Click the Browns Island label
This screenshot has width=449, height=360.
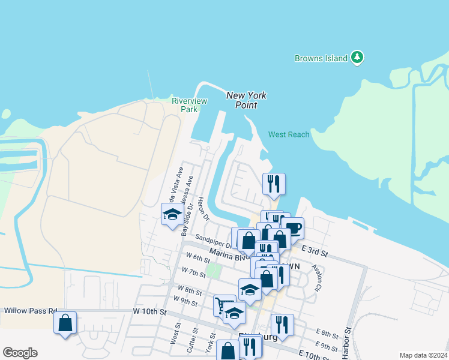321,58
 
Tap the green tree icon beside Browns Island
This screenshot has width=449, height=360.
358,58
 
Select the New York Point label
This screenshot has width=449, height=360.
246,100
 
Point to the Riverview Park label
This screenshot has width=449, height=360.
189,105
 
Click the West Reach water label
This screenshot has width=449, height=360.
289,134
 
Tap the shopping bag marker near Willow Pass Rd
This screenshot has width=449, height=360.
65,323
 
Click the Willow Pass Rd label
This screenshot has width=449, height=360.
30,311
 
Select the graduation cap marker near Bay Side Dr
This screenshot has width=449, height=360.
172,214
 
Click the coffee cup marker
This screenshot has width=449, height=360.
293,228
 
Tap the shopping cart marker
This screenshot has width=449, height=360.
223,305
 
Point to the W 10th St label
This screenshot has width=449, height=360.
149,311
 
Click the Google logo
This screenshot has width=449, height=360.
20,352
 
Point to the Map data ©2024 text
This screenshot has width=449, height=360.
423,355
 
